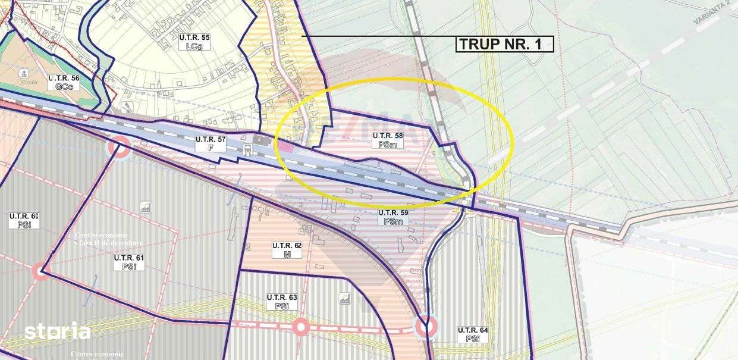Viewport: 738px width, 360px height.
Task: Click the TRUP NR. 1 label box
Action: click(505, 44)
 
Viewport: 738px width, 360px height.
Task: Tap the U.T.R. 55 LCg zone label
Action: click(194, 42)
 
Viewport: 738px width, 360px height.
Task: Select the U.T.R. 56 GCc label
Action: click(64, 82)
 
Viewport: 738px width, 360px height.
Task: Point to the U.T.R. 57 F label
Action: click(211, 143)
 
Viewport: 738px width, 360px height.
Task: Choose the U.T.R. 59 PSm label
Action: click(393, 217)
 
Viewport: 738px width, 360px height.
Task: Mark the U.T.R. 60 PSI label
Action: click(24, 220)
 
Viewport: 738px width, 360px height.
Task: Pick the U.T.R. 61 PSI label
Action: click(129, 262)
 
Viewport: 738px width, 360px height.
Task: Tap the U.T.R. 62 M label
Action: click(287, 250)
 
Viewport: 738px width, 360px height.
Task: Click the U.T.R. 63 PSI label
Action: click(282, 302)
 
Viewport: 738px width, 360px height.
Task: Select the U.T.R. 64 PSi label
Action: click(473, 334)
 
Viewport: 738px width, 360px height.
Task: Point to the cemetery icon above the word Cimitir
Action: click(24, 73)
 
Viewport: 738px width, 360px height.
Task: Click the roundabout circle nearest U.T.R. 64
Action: click(425, 326)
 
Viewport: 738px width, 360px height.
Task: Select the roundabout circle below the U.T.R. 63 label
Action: click(301, 327)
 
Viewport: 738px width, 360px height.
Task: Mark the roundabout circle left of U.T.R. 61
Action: click(40, 272)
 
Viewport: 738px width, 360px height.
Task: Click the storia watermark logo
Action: click(57, 331)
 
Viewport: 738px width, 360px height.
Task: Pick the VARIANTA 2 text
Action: click(713, 12)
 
